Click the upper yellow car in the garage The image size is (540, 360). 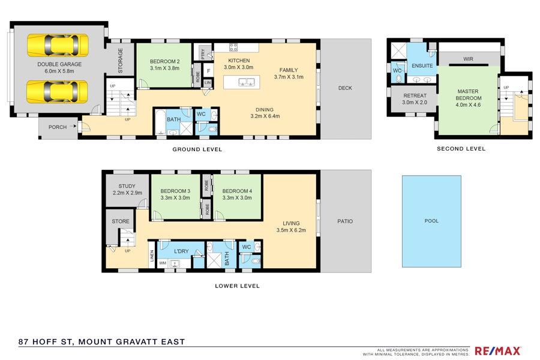point(58,45)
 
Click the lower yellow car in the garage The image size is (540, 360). point(57,92)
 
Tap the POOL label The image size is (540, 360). point(431,221)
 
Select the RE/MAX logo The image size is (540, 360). point(497,351)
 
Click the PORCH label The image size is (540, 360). point(58,127)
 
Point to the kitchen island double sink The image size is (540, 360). point(246,82)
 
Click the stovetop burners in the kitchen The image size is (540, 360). point(233,47)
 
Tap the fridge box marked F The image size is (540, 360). point(208,71)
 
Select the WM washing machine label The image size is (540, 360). point(163,263)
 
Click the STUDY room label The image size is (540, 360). point(127,186)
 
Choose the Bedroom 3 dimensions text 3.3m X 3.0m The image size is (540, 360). point(175,198)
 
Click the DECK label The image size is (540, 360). point(345,88)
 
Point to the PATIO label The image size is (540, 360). point(345,221)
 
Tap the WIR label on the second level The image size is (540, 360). point(469,59)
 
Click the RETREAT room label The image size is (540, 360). point(415,95)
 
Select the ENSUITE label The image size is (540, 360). point(422,66)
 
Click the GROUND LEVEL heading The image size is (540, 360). point(197,149)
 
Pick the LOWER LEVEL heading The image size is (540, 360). point(237,286)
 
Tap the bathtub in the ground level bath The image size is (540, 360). point(160,122)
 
